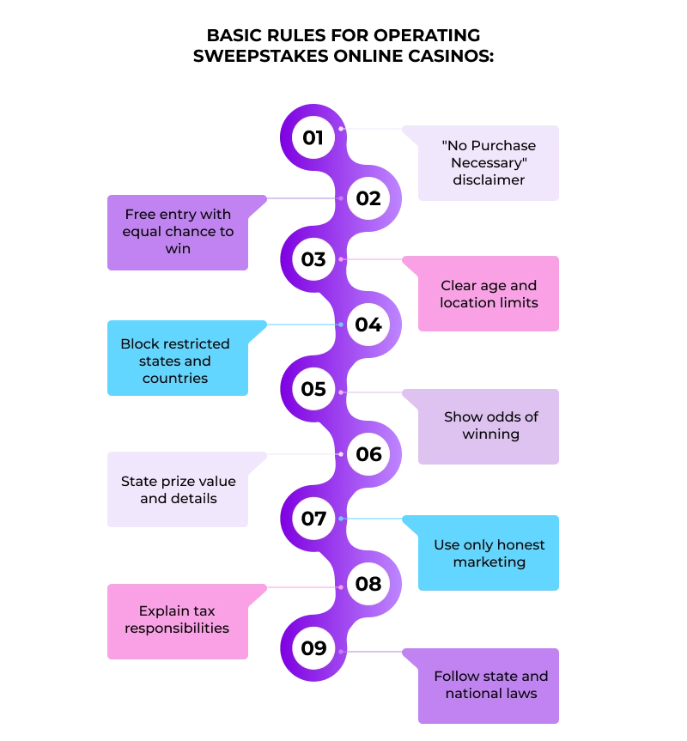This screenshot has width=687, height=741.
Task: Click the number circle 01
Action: [x=313, y=137]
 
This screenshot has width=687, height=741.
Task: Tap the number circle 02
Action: [x=368, y=198]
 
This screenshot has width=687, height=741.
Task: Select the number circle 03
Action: [x=313, y=259]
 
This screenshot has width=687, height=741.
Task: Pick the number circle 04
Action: [x=368, y=325]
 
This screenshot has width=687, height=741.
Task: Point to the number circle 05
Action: [x=313, y=389]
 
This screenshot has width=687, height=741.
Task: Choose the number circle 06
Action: [x=368, y=454]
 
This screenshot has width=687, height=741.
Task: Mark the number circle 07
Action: [x=313, y=519]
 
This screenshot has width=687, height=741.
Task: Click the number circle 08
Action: [x=368, y=584]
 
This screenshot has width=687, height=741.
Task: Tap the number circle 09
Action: [x=313, y=648]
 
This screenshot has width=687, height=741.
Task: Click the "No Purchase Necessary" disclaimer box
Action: [x=488, y=163]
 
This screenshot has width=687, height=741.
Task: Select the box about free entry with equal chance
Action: [x=178, y=232]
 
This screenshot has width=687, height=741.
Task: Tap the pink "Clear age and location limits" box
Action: [x=488, y=295]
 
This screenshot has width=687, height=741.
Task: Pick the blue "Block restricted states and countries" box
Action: [x=175, y=361]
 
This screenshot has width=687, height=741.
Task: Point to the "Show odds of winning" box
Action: [x=490, y=426]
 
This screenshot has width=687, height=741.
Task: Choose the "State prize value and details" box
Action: [x=178, y=489]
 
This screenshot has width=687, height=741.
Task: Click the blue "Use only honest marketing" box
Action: [x=489, y=554]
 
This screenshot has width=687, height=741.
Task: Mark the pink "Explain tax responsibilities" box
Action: [x=177, y=620]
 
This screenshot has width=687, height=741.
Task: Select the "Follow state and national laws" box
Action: [x=490, y=685]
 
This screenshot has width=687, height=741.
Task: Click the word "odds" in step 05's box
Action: [x=506, y=416]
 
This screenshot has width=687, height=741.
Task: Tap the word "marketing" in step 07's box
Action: [x=489, y=562]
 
